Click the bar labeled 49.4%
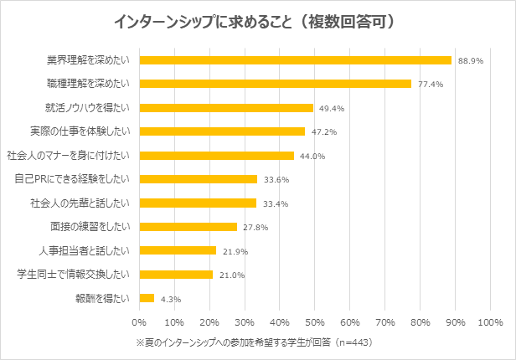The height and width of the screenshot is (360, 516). coord(226,108)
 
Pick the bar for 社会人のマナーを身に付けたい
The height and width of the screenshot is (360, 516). coord(217,156)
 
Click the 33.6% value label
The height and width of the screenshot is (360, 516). coord(276,179)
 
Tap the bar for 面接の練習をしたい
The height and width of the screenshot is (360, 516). coord(188,227)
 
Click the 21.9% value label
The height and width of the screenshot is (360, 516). coord(235,251)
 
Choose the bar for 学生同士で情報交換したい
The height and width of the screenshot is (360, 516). coord(176,275)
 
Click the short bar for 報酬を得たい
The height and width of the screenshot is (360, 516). coord(147,298)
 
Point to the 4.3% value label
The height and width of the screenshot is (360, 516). coord(171,299)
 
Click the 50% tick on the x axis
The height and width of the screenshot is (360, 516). coord(315,321)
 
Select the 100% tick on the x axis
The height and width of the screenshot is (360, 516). coord(490,321)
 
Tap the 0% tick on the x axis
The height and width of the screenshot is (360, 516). coord(139,321)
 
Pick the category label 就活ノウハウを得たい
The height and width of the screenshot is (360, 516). coord(88,108)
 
